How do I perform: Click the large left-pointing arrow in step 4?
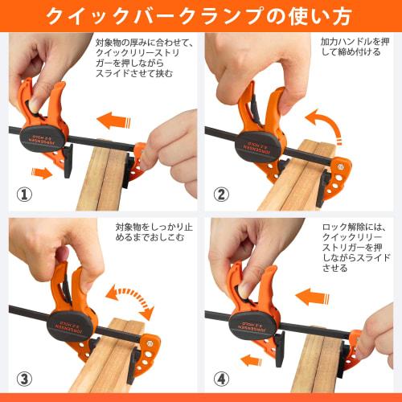point(313,297)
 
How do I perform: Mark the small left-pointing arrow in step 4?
point(250,359)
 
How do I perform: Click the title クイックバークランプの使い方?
point(201,16)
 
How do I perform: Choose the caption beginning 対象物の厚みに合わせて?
point(146,57)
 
